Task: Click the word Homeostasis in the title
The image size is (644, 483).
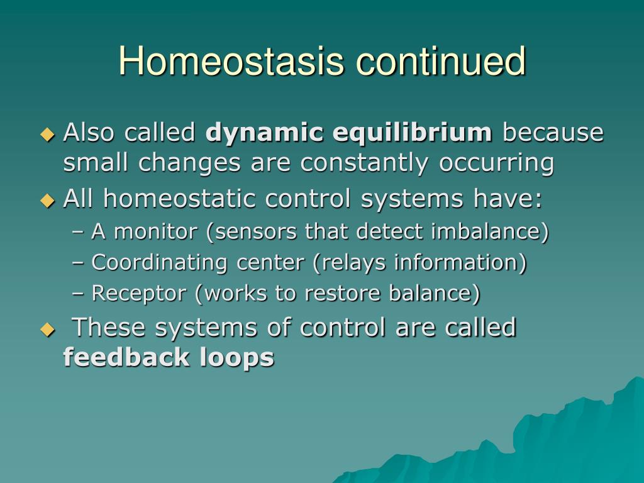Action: (231, 61)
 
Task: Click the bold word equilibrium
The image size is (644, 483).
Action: (412, 133)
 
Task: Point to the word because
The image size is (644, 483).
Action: (553, 133)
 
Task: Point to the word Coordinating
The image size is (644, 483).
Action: (159, 263)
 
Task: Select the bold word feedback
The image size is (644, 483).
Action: (126, 357)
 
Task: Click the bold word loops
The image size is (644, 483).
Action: (236, 357)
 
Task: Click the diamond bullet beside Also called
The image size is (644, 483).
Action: (48, 135)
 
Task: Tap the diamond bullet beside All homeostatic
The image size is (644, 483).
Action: (48, 201)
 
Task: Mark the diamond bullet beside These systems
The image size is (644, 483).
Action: (48, 330)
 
